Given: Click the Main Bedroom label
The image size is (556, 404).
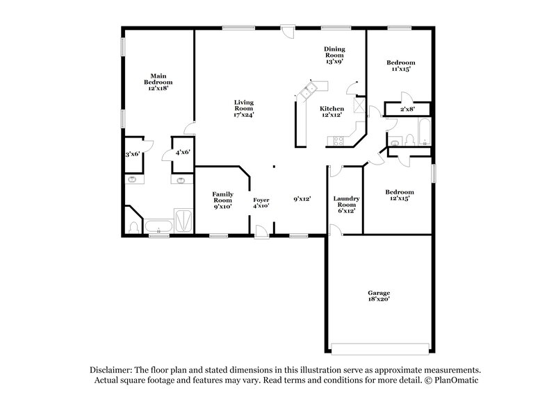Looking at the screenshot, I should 157,82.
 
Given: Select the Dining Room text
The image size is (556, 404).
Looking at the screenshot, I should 334,55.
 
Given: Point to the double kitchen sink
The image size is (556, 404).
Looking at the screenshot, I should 308,88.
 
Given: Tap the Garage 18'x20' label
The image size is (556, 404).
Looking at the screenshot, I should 379,296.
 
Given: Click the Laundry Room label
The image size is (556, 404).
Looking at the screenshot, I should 345,204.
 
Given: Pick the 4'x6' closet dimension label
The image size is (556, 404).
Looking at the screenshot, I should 183,153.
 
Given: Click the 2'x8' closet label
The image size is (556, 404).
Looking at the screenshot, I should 408,109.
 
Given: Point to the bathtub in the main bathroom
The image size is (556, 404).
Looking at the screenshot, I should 158,226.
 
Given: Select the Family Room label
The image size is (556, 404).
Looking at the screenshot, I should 222,199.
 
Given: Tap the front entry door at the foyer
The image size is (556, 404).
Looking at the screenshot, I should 261,231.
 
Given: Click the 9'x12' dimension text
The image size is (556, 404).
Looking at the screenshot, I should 302,199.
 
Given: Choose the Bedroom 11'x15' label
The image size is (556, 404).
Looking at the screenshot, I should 400,66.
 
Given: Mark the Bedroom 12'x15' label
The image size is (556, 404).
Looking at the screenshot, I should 400,195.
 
